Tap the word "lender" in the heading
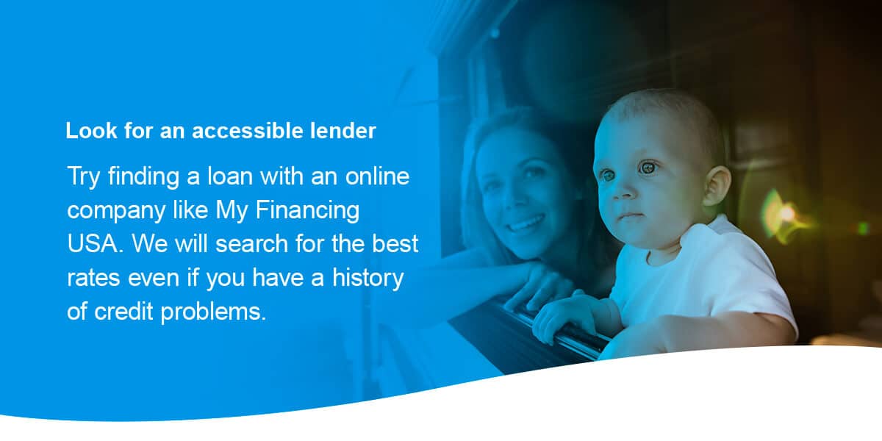pos(341,132)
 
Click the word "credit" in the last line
pos(124,312)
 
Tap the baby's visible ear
pos(717,185)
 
